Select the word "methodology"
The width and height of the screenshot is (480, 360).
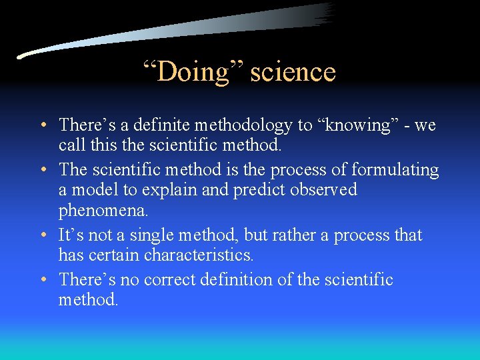[237, 125]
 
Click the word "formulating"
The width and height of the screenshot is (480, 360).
[395, 170]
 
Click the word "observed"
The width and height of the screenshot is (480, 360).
[322, 189]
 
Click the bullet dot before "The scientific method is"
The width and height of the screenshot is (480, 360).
[43, 171]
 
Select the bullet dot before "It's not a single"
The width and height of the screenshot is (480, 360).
[43, 236]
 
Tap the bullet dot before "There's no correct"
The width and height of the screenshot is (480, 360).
[43, 280]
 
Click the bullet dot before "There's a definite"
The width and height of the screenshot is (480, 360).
[43, 125]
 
